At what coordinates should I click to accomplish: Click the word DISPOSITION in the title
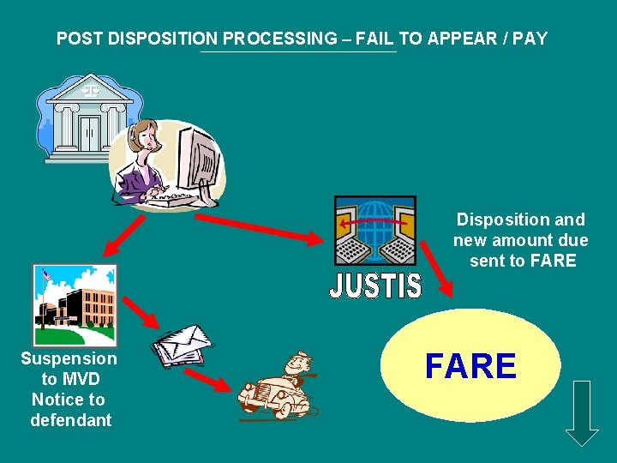pos(166,39)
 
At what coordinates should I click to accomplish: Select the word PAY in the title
pos(531,39)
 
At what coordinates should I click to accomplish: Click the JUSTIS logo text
pos(375,286)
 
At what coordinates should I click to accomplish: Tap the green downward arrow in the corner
pos(583,412)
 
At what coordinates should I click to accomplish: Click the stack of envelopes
pos(181,344)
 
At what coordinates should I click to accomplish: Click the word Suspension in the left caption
pos(69,358)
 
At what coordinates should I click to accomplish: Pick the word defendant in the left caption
pos(71,420)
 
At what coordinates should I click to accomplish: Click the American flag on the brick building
pos(48,274)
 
